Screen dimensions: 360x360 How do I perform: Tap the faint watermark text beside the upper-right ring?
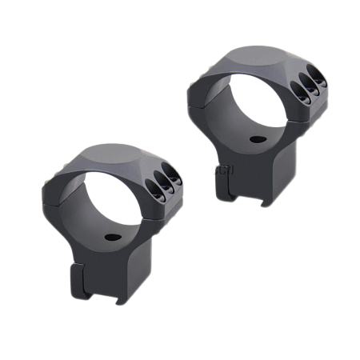220,169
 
